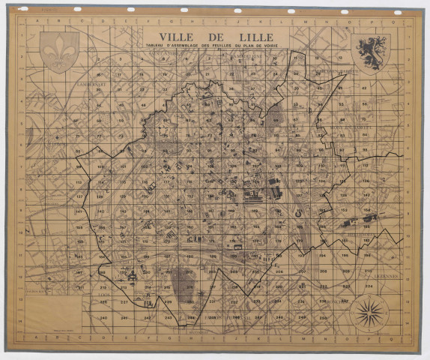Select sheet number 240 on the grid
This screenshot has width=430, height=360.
point(103,317)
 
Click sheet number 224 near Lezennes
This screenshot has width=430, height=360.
point(369,286)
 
